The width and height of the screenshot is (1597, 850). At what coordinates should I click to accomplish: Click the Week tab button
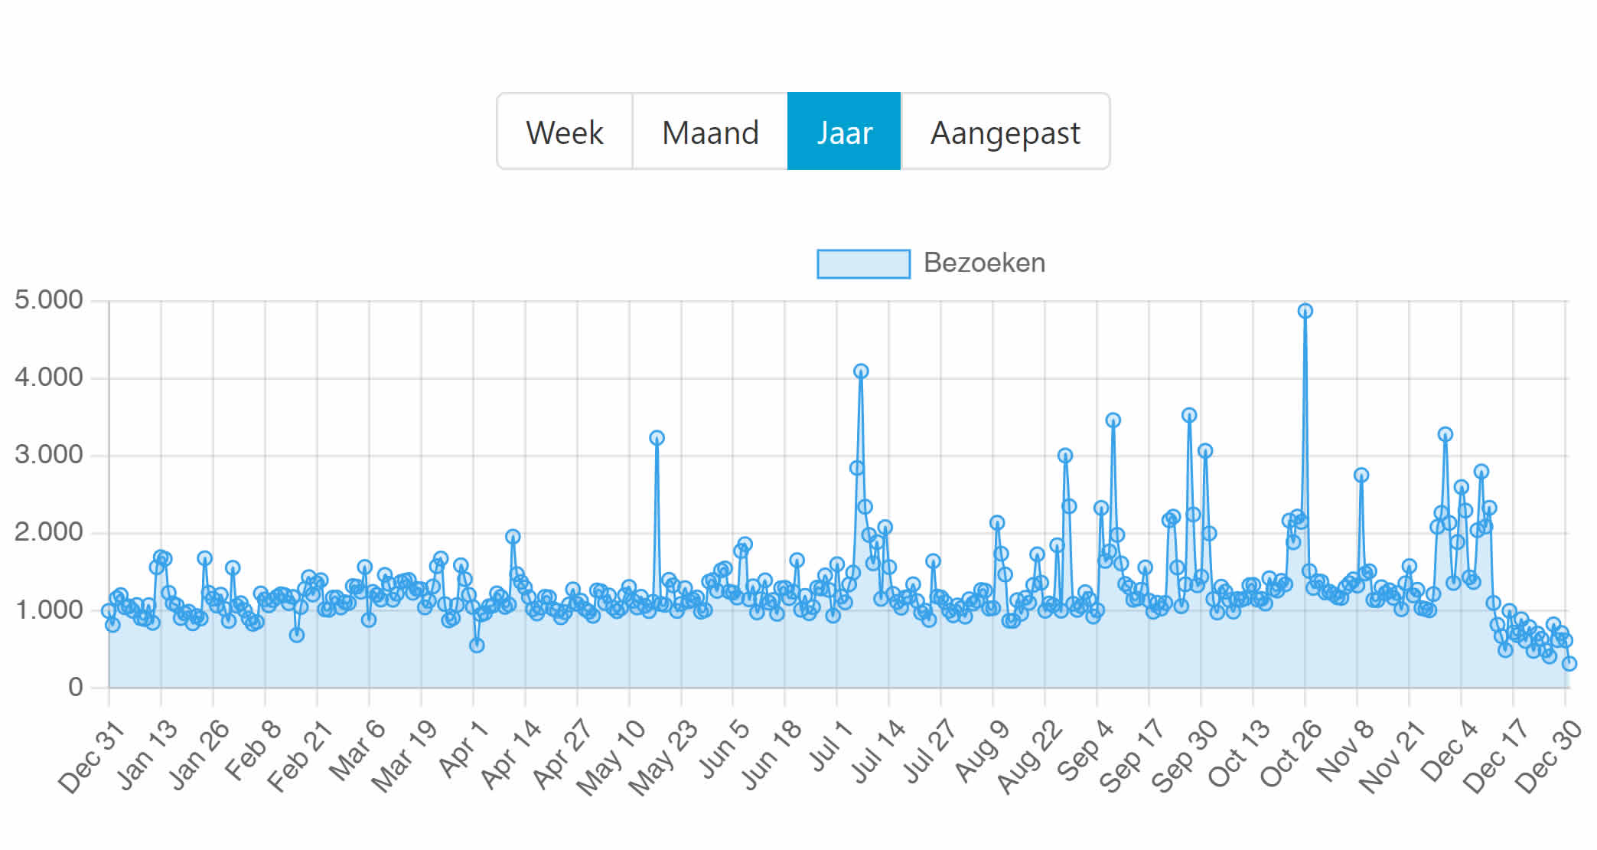(565, 132)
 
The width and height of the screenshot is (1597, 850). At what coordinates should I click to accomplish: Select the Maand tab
(710, 132)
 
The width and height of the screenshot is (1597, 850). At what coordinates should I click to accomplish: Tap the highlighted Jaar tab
(844, 132)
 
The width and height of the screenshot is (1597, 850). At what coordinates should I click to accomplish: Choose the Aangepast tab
(1005, 132)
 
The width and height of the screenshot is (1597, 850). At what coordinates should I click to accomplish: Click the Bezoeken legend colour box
(863, 263)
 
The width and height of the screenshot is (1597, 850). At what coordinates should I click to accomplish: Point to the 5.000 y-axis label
(49, 300)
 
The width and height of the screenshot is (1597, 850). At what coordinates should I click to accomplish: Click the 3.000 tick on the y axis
(49, 455)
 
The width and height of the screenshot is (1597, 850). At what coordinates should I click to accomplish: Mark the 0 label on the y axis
(75, 687)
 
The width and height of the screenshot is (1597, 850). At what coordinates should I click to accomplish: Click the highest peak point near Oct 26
(1305, 311)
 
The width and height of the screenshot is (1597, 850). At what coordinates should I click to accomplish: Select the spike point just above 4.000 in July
(861, 371)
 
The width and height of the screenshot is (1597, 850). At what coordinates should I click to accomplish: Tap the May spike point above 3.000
(657, 438)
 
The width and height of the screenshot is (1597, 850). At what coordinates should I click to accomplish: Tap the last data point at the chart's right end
(1569, 663)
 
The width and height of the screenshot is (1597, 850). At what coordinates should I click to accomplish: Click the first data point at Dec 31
(109, 611)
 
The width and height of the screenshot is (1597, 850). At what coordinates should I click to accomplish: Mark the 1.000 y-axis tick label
(49, 610)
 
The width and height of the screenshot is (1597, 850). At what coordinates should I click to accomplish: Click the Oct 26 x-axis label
(1292, 754)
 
